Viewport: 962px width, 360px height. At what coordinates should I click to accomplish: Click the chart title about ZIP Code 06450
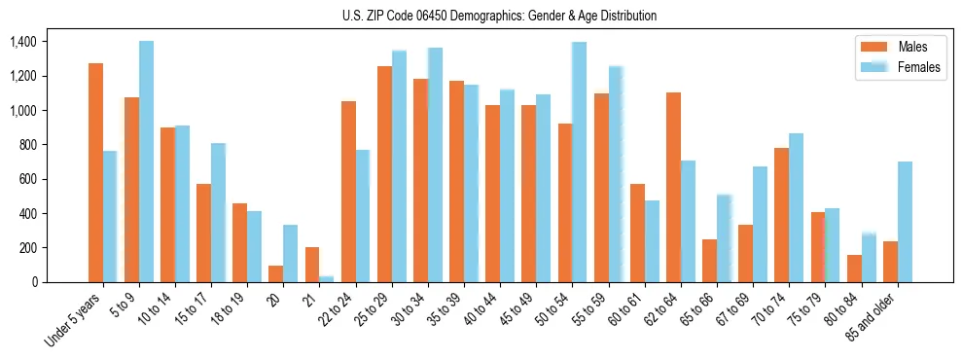click(499, 16)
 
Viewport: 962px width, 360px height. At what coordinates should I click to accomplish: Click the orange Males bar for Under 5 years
click(95, 172)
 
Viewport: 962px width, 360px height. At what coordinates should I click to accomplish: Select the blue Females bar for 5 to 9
click(146, 162)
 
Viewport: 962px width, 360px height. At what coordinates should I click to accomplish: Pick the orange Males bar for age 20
click(275, 273)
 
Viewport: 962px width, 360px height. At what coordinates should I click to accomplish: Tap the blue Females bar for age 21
click(326, 279)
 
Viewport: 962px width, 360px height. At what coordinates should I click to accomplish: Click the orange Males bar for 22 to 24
click(348, 192)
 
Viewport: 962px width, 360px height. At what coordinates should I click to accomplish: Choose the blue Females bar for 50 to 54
click(579, 162)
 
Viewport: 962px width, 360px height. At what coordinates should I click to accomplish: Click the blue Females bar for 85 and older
click(905, 222)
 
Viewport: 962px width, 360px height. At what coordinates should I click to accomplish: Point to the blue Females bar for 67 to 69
click(760, 224)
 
